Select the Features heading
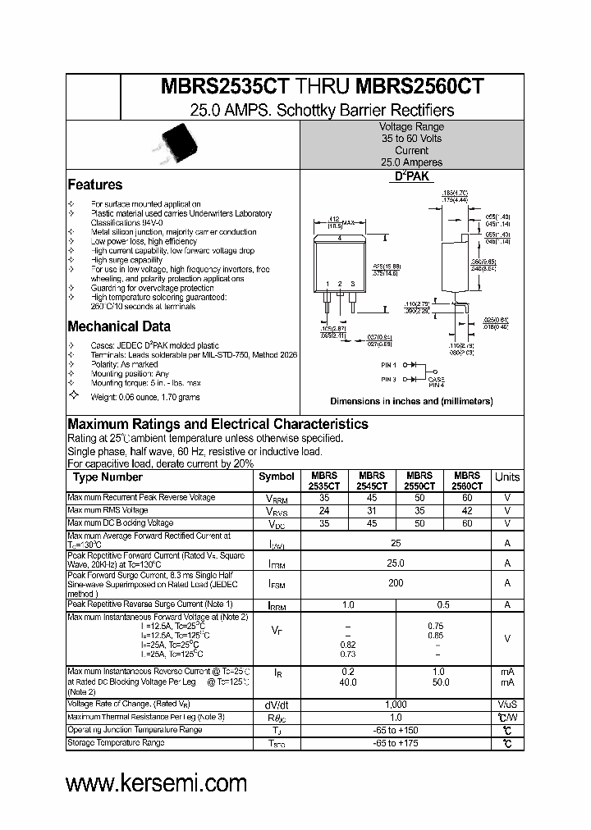[x=94, y=185]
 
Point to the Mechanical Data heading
[x=119, y=326]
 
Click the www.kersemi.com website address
[x=156, y=783]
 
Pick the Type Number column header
[x=108, y=477]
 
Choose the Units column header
[x=507, y=477]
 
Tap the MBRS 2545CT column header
[x=372, y=481]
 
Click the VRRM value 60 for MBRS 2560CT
[x=467, y=498]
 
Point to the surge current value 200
[x=396, y=583]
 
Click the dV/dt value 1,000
[x=396, y=705]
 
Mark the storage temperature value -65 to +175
[x=396, y=743]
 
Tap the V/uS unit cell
[x=507, y=705]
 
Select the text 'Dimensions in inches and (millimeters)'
[x=411, y=402]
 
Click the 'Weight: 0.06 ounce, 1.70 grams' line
[x=145, y=397]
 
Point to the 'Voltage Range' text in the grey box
[x=411, y=127]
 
